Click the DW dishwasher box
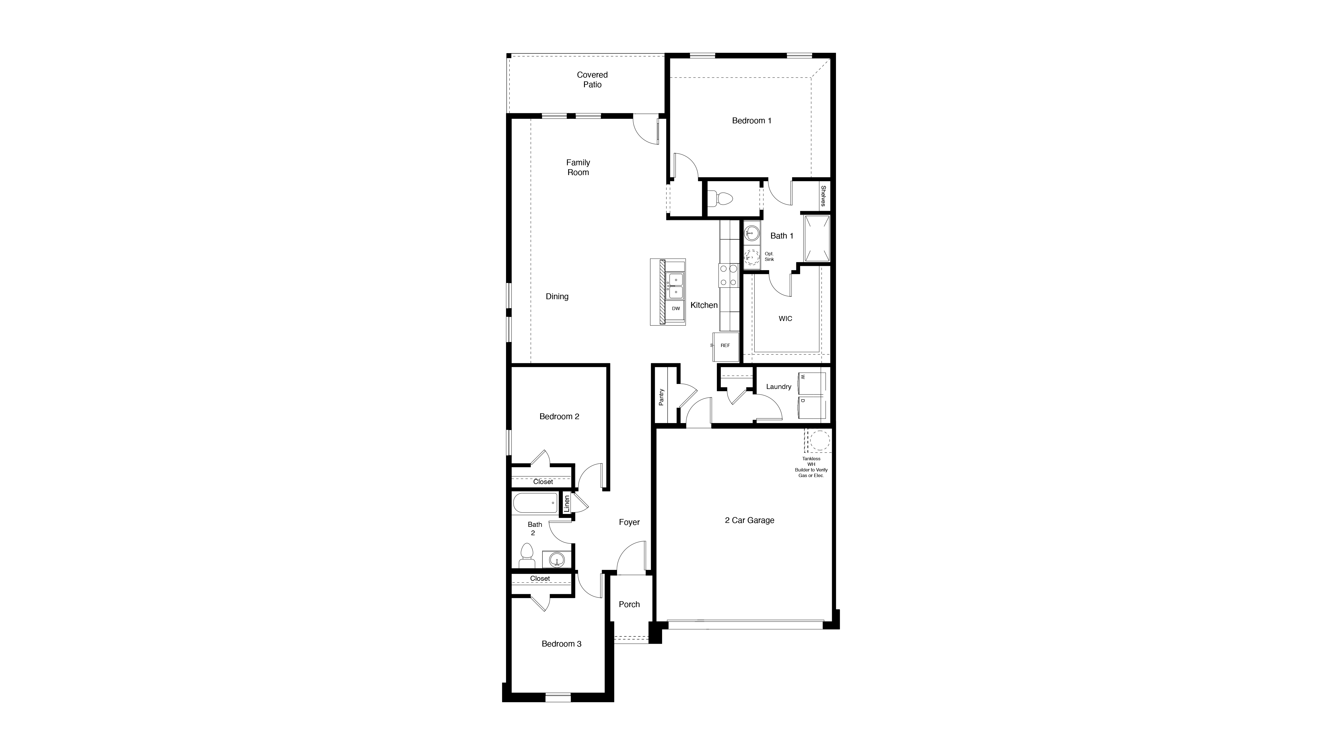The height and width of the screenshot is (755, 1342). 676,308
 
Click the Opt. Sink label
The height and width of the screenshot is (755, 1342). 769,256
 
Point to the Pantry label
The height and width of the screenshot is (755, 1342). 661,397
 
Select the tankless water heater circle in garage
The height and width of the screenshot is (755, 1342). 819,441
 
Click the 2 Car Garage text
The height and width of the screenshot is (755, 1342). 749,520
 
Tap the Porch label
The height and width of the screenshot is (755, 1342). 629,604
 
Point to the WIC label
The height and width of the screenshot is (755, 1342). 785,318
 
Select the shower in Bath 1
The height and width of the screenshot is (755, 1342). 816,239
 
